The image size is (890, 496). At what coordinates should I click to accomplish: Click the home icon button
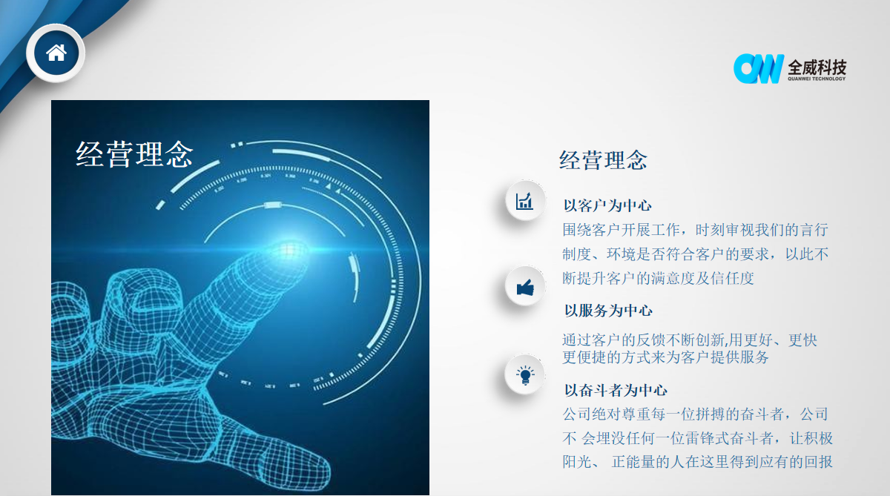56,53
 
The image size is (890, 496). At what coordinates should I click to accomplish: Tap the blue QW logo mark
759,69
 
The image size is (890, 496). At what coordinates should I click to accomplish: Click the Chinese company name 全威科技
817,67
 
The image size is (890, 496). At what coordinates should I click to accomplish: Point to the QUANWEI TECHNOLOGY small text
817,79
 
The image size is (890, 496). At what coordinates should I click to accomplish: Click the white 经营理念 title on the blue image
134,154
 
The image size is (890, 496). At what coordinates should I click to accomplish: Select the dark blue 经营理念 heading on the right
603,160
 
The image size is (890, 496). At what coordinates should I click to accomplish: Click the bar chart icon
524,200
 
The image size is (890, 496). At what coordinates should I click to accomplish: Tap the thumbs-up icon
525,287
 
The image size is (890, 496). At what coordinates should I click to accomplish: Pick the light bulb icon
525,375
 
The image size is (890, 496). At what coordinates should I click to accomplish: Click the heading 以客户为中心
607,205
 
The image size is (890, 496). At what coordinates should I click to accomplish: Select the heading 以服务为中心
608,311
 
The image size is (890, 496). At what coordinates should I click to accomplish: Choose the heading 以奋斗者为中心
616,391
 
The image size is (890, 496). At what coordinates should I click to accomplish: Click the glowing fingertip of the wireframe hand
289,250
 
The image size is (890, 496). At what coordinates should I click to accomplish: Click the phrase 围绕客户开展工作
621,230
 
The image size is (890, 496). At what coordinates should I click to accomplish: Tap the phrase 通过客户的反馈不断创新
643,340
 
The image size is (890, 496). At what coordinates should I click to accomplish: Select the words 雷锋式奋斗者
728,438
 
